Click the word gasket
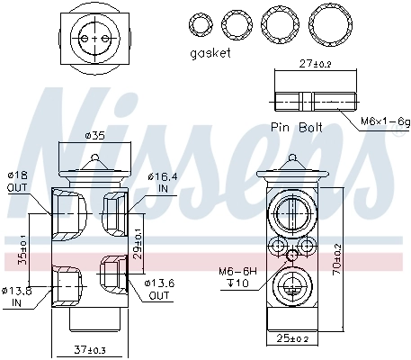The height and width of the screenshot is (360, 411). pyautogui.click(x=210, y=52)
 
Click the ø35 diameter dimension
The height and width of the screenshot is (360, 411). pyautogui.click(x=94, y=136)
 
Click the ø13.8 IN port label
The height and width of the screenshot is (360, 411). pyautogui.click(x=16, y=296)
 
